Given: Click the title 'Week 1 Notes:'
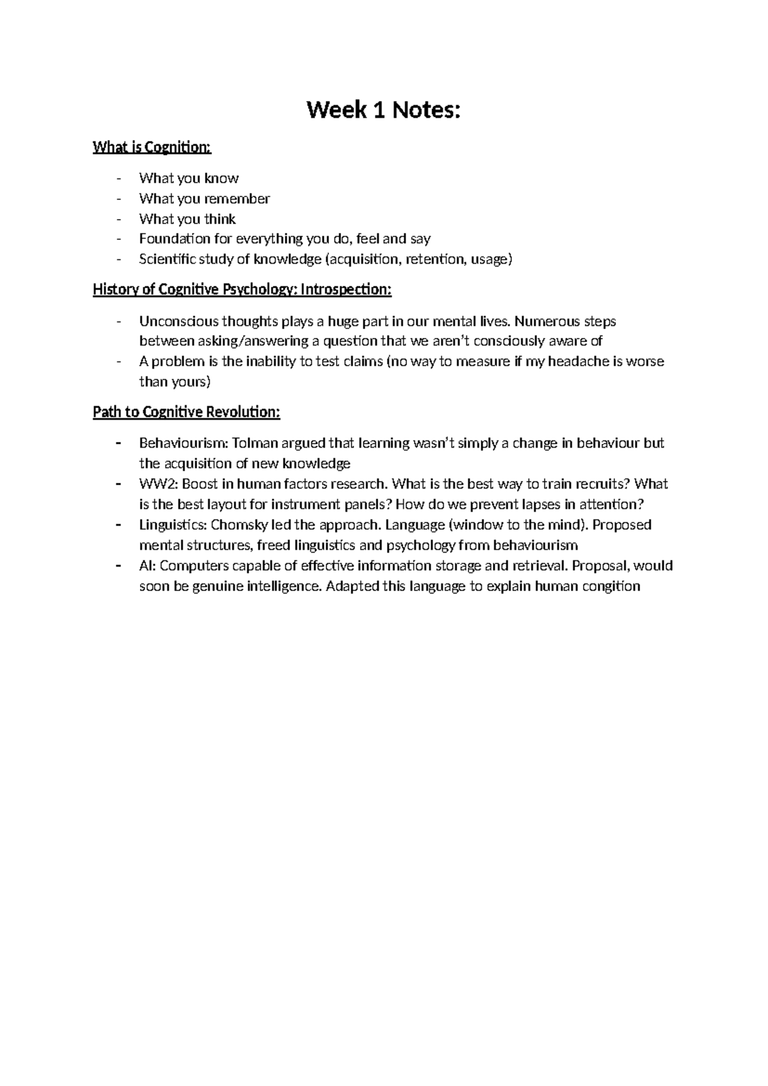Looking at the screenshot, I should [383, 111].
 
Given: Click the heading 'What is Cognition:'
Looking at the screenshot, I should [152, 147].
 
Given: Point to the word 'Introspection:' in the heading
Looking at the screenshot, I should [346, 289].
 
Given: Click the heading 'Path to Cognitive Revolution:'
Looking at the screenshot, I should [186, 412].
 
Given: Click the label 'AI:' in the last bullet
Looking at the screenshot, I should [147, 566].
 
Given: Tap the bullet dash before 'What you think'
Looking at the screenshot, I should [119, 219].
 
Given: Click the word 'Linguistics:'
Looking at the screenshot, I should [173, 525].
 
